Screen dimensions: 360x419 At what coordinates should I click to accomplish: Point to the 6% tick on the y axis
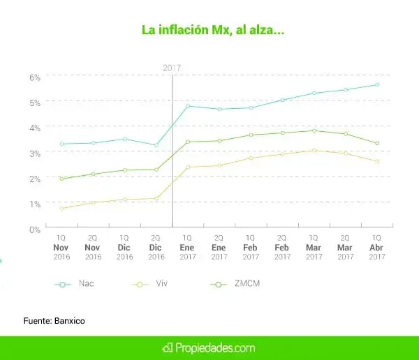[35, 76]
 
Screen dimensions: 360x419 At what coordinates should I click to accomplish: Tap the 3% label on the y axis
[35, 152]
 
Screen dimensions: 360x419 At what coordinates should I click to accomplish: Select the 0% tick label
[35, 229]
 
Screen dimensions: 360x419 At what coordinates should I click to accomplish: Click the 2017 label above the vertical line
[172, 68]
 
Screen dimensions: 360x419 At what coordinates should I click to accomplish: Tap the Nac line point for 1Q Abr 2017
[377, 84]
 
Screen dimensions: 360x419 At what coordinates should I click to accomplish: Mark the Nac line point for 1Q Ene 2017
[188, 106]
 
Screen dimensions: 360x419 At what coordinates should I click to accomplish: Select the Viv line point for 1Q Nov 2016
[61, 209]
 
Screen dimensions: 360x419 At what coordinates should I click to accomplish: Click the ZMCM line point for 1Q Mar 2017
[314, 130]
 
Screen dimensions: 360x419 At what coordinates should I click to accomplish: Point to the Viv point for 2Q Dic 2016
[156, 199]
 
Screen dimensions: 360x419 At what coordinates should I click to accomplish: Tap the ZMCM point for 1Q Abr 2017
[377, 143]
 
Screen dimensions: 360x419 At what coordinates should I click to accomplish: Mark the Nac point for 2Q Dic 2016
[156, 145]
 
